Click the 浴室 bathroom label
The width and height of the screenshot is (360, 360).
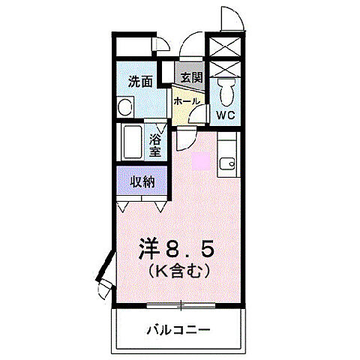tap(155, 145)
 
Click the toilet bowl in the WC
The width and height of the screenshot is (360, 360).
tap(227, 93)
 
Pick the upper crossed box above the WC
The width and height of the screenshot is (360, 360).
tap(226, 46)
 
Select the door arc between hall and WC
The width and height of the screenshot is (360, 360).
tap(198, 113)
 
